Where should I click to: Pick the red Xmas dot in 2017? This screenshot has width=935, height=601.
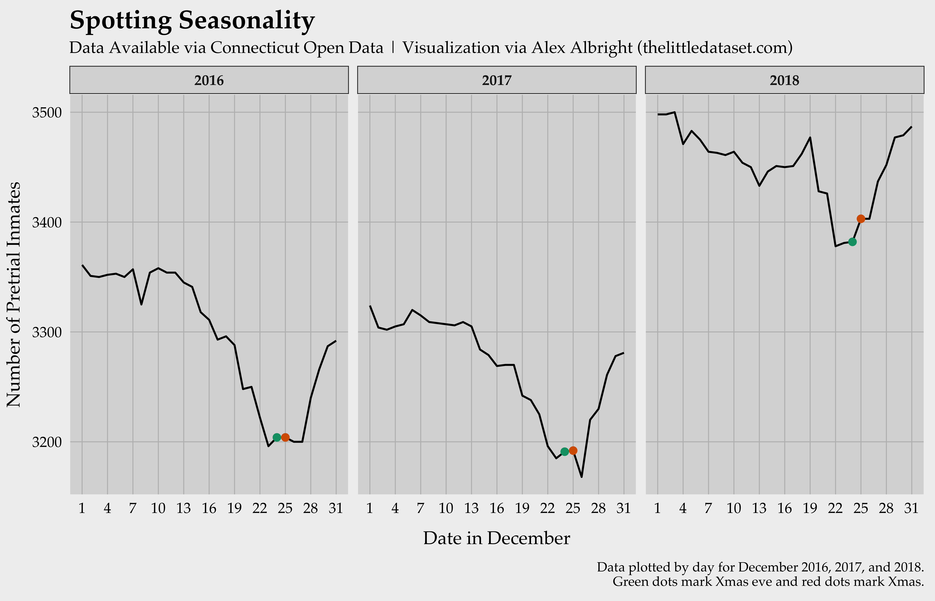click(x=573, y=451)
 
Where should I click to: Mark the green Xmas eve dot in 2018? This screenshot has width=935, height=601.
click(x=852, y=242)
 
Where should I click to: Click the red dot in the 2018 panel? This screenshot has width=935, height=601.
click(x=861, y=219)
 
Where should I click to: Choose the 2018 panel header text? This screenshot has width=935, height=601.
click(x=784, y=80)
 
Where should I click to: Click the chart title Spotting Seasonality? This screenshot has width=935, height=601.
click(x=192, y=20)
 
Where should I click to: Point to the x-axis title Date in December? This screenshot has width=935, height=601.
click(x=496, y=538)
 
